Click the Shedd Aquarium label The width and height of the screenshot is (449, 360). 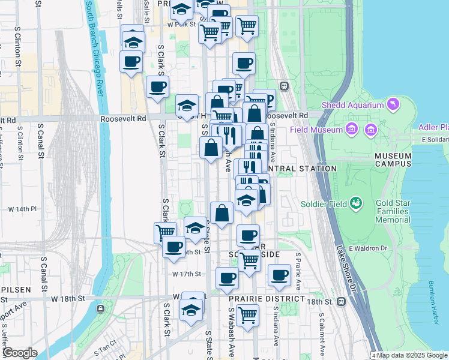click(352, 105)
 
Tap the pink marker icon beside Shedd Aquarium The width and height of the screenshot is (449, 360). click(393, 105)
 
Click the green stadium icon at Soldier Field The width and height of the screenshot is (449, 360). click(356, 203)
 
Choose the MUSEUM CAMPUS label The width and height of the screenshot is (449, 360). click(393, 159)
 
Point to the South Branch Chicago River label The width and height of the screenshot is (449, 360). click(96, 48)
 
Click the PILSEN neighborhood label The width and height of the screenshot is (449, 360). click(16, 289)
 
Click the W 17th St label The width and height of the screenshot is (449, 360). click(188, 274)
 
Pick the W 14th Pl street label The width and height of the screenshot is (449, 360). click(22, 209)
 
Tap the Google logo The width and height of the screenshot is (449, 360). click(20, 352)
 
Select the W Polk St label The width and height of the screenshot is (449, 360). click(182, 25)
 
